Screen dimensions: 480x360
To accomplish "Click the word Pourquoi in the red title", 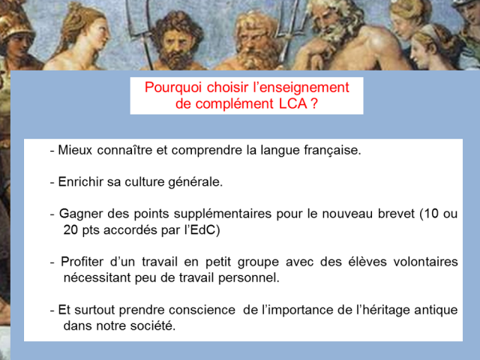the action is [173, 88].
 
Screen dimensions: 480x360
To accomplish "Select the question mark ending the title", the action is [314, 103].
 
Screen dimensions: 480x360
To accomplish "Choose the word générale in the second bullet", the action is [195, 182].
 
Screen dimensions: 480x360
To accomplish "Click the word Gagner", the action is [80, 214].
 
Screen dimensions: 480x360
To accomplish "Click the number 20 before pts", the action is [70, 229].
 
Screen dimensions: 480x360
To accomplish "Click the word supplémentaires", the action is [223, 214].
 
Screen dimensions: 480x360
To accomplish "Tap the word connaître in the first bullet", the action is [124, 150].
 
